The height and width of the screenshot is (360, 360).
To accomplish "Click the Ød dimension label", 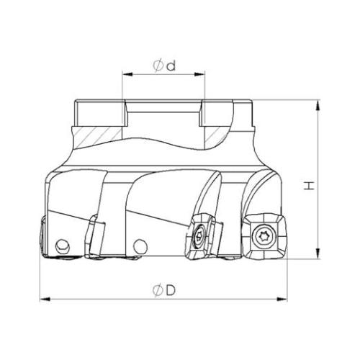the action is [164, 66].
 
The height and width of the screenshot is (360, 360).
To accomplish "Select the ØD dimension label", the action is [164, 291].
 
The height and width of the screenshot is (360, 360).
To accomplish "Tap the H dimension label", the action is [309, 186].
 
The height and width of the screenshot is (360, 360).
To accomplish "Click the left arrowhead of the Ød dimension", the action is [127, 74].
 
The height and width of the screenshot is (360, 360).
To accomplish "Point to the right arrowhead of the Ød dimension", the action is [199, 74].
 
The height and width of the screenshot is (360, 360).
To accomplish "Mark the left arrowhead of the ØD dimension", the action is [45, 300].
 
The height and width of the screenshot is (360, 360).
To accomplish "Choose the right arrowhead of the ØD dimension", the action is [282, 300].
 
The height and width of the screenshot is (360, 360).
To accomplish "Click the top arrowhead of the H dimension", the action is [318, 105].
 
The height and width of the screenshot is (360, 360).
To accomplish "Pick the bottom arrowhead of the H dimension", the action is [318, 253].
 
